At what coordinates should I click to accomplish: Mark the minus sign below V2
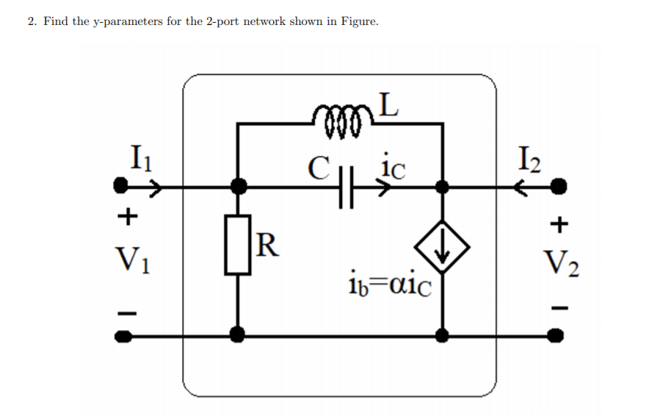pyautogui.click(x=561, y=307)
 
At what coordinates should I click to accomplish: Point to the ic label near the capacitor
pyautogui.click(x=392, y=168)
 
